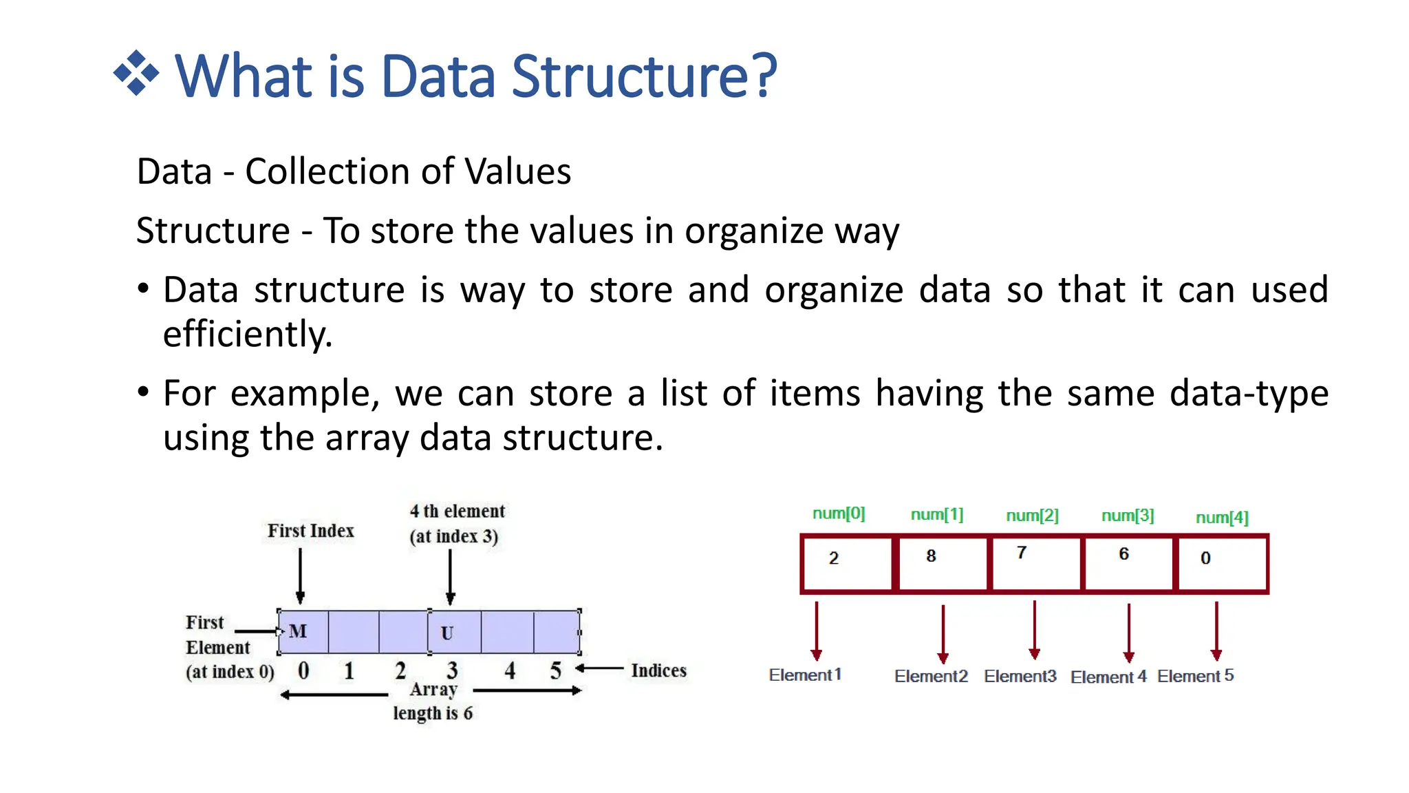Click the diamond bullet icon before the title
(x=136, y=73)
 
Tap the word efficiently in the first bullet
(x=247, y=335)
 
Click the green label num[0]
(x=839, y=514)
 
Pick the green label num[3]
(x=1128, y=516)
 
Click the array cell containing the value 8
(x=942, y=564)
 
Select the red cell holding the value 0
(x=1222, y=564)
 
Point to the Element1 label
(x=805, y=675)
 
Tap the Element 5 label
(x=1196, y=676)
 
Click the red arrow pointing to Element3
(x=1034, y=630)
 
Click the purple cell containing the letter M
(x=303, y=631)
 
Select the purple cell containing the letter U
(x=454, y=632)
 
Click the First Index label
(x=311, y=531)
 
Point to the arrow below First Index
(x=300, y=576)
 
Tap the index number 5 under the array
(x=556, y=670)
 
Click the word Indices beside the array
(x=658, y=670)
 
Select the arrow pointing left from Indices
(x=600, y=668)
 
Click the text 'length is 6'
(x=433, y=713)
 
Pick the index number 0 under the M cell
(x=303, y=670)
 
